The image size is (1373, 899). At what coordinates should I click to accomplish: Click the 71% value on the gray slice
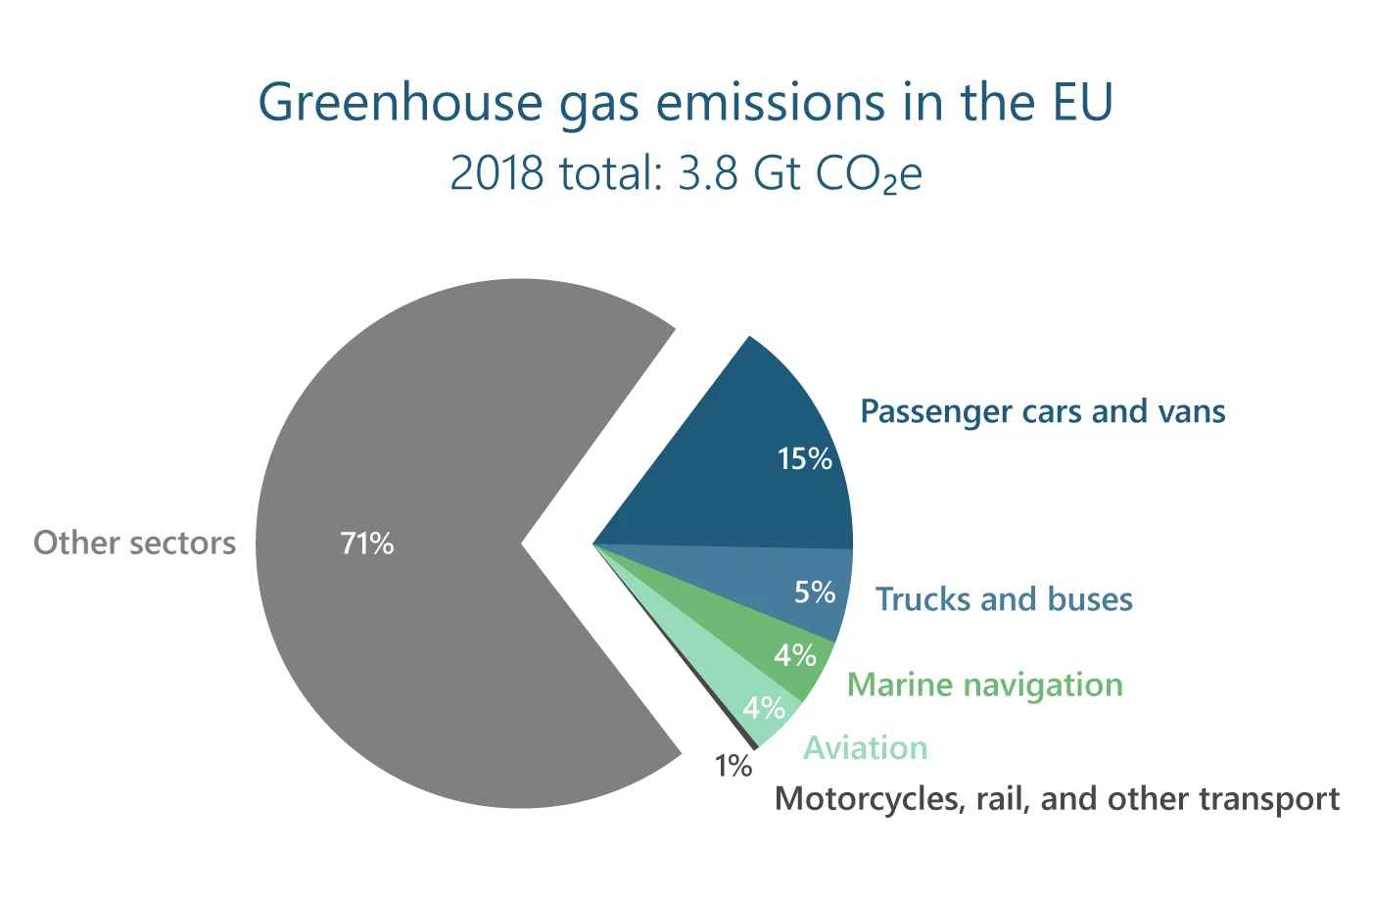tap(366, 544)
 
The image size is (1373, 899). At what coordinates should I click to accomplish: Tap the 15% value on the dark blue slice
tap(805, 458)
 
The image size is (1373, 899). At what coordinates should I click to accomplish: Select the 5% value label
tap(815, 591)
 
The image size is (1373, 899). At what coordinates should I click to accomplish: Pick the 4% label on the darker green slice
tap(795, 656)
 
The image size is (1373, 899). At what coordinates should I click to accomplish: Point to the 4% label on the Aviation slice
tap(764, 708)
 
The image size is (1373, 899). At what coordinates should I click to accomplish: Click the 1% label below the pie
tap(734, 766)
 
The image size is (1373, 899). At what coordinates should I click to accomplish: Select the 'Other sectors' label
tap(134, 543)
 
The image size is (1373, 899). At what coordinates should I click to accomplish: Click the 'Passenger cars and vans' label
tap(1043, 412)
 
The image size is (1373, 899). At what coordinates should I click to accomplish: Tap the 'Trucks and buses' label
tap(1004, 598)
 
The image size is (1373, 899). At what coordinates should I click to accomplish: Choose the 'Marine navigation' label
tap(985, 686)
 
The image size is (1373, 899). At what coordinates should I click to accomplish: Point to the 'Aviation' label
tap(866, 747)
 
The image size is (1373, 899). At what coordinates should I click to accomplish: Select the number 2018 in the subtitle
tap(497, 172)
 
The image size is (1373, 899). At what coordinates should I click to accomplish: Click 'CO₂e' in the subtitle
tap(869, 174)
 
